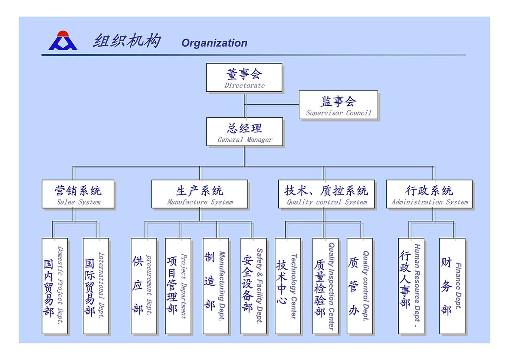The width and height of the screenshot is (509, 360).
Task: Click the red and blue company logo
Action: point(63,41)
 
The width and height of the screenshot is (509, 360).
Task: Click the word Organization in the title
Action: point(214,43)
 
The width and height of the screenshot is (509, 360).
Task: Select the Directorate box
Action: point(244,77)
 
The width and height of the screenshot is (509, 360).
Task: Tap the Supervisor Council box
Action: point(338,105)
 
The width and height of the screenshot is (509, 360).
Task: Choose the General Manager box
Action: point(245,132)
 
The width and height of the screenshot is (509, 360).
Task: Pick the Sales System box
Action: point(78,194)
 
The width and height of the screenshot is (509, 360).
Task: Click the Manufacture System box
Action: point(200,194)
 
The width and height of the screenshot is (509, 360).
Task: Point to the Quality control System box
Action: point(327,194)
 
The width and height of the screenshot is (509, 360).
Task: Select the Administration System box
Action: point(429,194)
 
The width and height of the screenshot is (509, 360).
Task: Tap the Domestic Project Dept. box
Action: point(55,286)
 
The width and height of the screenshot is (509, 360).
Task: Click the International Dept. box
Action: point(96,286)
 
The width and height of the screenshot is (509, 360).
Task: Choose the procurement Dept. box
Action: point(144,286)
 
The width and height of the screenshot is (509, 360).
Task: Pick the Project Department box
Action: point(178,286)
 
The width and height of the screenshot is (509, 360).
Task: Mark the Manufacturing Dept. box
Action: point(216,286)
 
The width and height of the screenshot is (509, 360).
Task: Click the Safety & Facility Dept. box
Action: point(254,286)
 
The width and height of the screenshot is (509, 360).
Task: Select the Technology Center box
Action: point(288,286)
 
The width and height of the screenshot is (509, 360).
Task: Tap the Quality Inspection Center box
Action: point(325,286)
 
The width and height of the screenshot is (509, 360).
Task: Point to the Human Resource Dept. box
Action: point(411,286)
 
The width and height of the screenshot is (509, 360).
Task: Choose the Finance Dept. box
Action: point(452,286)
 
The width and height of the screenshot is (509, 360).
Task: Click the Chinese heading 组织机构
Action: point(127,41)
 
